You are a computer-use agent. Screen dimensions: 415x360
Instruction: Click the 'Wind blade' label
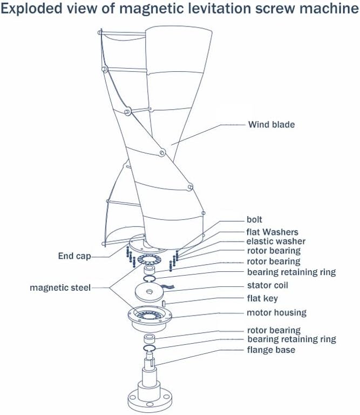(271, 125)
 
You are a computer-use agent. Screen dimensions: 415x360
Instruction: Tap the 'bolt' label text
(254, 220)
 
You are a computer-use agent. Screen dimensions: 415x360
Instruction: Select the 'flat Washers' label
(272, 232)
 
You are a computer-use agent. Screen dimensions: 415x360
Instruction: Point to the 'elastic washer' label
(276, 242)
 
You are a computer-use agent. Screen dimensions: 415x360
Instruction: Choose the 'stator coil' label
(267, 285)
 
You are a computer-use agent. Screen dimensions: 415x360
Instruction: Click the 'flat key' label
(262, 298)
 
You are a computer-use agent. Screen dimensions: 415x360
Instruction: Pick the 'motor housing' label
(276, 312)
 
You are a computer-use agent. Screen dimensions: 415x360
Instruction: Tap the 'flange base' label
(271, 350)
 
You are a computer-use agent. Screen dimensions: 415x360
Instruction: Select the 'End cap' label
(74, 256)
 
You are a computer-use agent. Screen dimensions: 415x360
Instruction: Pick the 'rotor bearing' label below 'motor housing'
(274, 330)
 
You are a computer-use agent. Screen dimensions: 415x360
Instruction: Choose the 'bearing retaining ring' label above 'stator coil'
(291, 272)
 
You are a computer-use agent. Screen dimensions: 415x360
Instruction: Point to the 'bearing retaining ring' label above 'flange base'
(291, 339)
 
